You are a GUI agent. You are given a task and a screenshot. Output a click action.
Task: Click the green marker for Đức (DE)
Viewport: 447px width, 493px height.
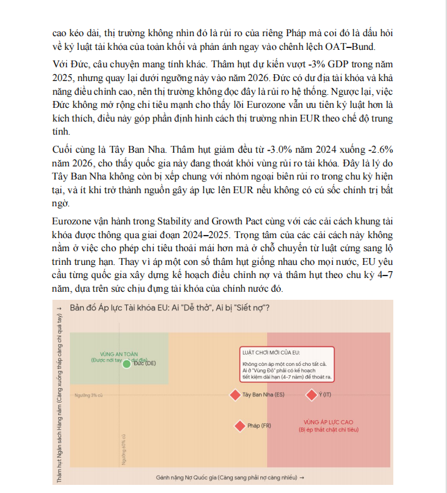126,363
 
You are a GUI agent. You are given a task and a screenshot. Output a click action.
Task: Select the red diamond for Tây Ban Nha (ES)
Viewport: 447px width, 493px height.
235,395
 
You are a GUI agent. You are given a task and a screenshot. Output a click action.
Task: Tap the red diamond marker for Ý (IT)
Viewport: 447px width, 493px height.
311,395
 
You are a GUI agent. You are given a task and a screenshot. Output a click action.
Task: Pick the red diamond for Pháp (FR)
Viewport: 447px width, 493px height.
239,426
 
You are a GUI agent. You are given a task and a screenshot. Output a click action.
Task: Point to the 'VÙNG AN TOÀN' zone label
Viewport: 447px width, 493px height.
119,353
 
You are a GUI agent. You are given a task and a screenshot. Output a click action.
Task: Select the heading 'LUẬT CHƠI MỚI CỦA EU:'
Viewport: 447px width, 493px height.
271,353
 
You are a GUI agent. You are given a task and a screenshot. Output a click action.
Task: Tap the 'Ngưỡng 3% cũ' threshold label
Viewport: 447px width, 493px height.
88,395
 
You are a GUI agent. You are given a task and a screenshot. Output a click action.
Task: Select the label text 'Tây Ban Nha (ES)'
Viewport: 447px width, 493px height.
263,395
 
